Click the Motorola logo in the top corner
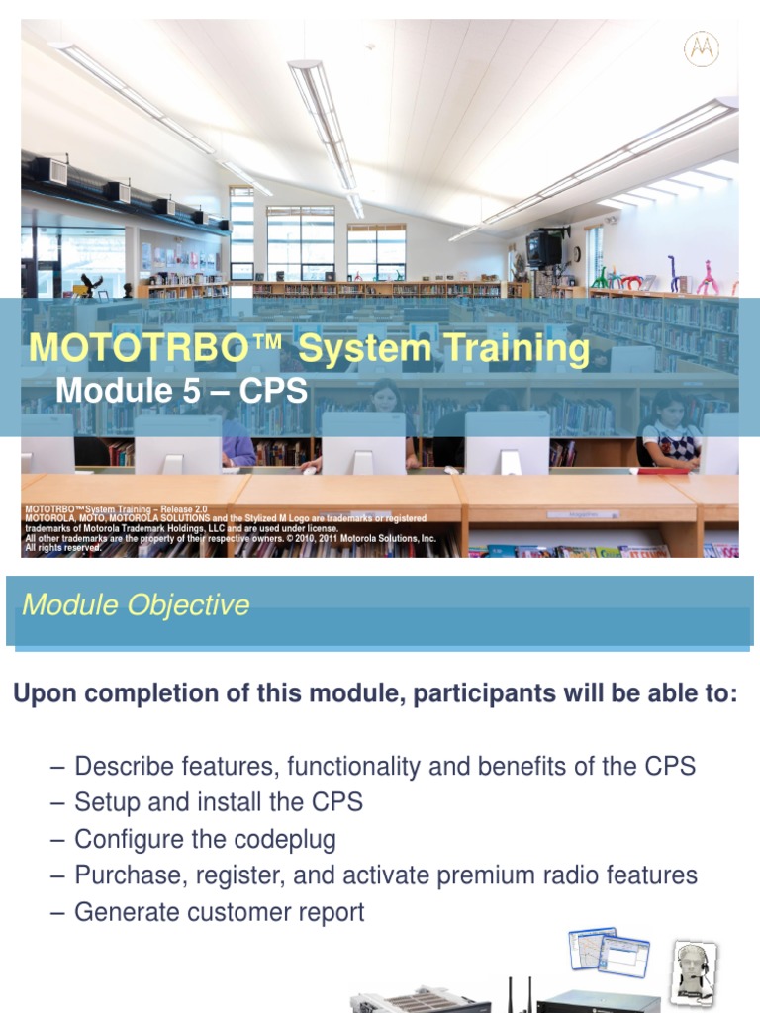point(702,48)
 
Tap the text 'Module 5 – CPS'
point(181,391)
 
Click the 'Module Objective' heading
point(136,604)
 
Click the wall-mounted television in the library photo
point(544,248)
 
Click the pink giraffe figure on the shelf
point(707,276)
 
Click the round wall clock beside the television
point(576,253)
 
